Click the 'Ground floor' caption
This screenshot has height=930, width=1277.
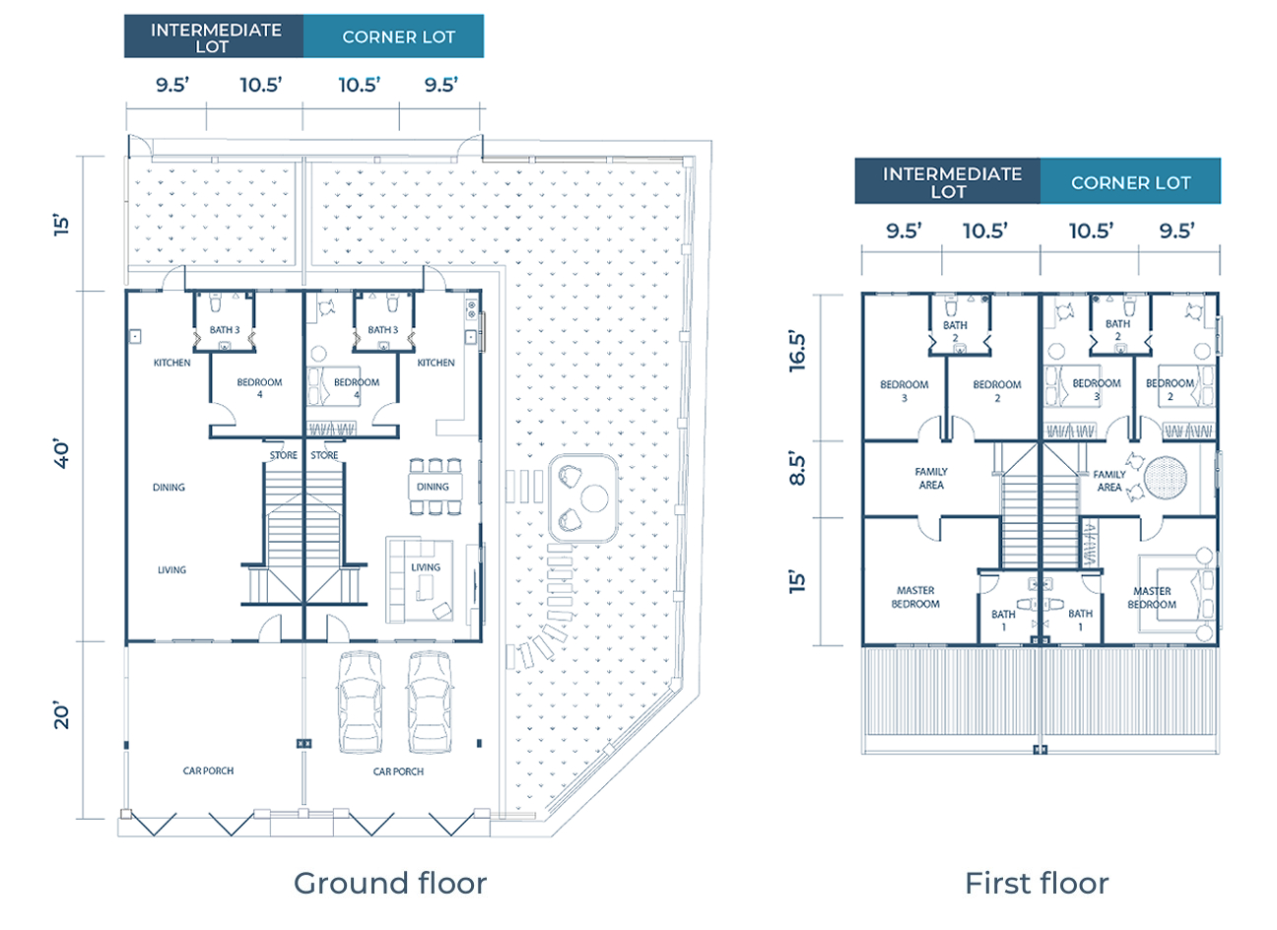(390, 883)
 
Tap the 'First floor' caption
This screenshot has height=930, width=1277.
(1037, 883)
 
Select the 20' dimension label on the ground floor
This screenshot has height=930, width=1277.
(63, 716)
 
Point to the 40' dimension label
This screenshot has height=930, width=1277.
(63, 454)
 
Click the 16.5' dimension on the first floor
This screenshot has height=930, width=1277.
(797, 352)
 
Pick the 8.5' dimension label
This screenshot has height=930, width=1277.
(797, 468)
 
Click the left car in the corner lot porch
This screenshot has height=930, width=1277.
(359, 703)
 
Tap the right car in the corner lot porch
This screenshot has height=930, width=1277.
(430, 703)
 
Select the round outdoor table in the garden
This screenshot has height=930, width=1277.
(594, 498)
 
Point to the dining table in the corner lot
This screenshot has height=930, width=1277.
(433, 487)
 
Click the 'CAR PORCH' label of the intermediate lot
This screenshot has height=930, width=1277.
(208, 770)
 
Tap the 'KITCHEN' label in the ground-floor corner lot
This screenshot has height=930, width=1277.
(436, 363)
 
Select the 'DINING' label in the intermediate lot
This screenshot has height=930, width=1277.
(168, 487)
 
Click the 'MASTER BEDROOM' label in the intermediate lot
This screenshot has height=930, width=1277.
(914, 597)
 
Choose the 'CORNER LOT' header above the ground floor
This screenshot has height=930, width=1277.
(398, 36)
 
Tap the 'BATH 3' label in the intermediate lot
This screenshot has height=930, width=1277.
(225, 330)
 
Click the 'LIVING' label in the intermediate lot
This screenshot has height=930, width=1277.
(171, 569)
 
